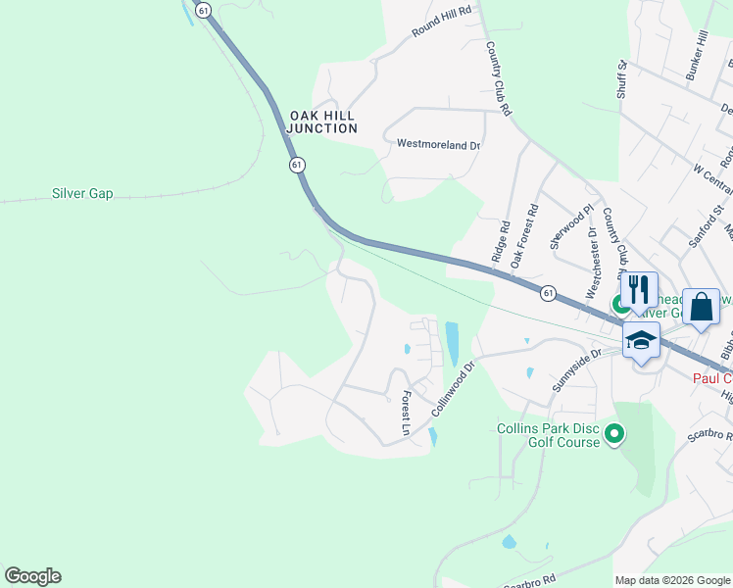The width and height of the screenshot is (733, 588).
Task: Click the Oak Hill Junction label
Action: [x=322, y=122]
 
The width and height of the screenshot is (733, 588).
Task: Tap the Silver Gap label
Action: [x=82, y=194]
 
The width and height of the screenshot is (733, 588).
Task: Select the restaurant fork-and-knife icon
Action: [x=639, y=290]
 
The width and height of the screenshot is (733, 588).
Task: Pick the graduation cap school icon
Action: [x=641, y=340]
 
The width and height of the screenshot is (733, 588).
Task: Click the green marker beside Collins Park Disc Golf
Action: [x=614, y=432]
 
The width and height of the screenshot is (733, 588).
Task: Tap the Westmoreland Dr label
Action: [x=438, y=144]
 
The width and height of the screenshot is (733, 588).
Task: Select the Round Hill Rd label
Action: [x=441, y=21]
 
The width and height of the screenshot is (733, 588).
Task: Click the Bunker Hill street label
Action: [x=697, y=55]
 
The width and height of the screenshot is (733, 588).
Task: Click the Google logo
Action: [x=32, y=576]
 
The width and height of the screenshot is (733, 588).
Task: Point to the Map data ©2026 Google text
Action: [x=671, y=580]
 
